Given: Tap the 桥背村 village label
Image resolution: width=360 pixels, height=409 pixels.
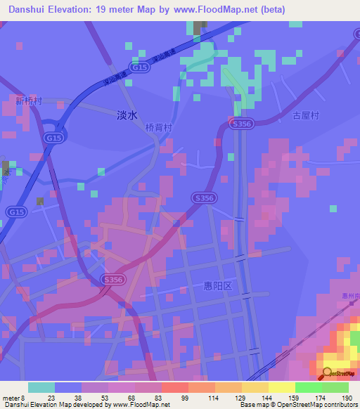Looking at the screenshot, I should coord(158,129).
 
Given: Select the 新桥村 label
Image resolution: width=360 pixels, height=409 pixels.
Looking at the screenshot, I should coord(29,100).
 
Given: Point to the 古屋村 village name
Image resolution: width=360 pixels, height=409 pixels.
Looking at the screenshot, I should coord(307,116).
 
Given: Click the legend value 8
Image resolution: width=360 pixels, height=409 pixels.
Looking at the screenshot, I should coord(24,398).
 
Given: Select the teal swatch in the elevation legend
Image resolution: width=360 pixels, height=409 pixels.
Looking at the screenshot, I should coord(41,387).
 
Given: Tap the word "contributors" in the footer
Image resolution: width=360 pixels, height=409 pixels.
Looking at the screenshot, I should coord(341,405).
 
